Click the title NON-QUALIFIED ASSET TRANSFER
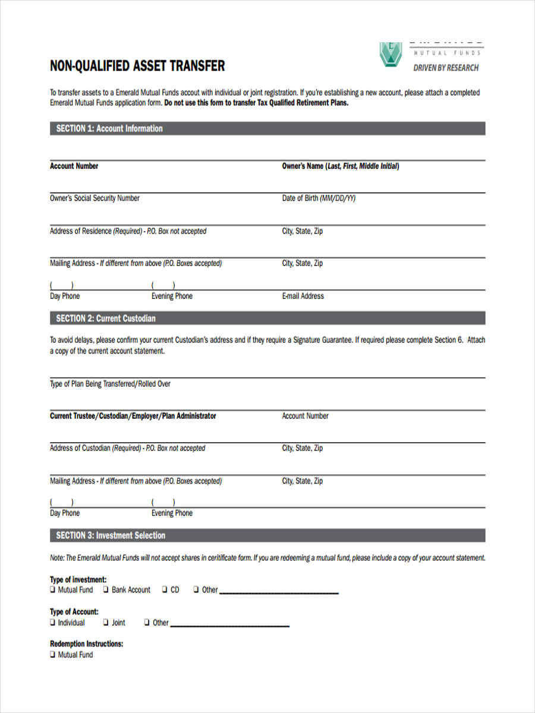pyautogui.click(x=137, y=66)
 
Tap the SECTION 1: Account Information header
pyautogui.click(x=109, y=128)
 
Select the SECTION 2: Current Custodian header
pyautogui.click(x=106, y=318)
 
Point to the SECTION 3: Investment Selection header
pyautogui.click(x=111, y=535)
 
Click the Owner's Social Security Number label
pyautogui.click(x=95, y=198)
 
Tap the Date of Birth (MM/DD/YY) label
pyautogui.click(x=319, y=198)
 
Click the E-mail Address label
pyautogui.click(x=303, y=296)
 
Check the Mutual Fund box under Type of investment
pyautogui.click(x=53, y=590)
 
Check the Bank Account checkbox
pyautogui.click(x=106, y=590)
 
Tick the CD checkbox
pyautogui.click(x=165, y=590)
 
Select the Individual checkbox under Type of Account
pyautogui.click(x=53, y=623)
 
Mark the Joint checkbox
pyautogui.click(x=106, y=623)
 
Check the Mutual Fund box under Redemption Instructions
pyautogui.click(x=53, y=655)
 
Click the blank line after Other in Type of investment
pyautogui.click(x=279, y=591)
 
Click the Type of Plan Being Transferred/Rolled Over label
pyautogui.click(x=110, y=384)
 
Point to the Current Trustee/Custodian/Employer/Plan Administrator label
pyautogui.click(x=133, y=416)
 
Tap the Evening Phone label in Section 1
pyautogui.click(x=172, y=296)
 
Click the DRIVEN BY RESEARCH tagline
pyautogui.click(x=446, y=68)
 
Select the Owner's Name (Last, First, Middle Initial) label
pyautogui.click(x=340, y=166)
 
